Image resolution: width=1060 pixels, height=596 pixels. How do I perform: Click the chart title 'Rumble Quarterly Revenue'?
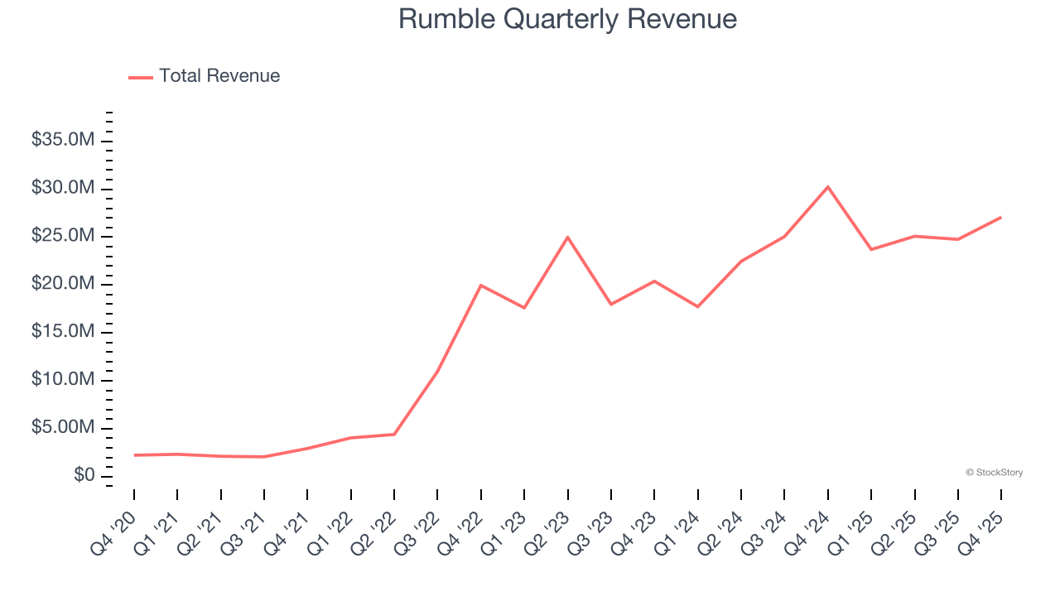567,19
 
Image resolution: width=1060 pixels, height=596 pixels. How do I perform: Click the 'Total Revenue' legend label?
219,76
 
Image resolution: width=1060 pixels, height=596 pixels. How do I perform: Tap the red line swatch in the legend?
141,77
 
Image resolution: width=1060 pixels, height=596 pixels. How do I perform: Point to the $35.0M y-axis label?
63,141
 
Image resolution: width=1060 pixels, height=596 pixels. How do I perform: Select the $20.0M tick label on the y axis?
63,284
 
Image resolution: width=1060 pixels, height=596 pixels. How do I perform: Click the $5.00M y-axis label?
63,428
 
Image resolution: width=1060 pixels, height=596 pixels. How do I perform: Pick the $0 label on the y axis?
84,476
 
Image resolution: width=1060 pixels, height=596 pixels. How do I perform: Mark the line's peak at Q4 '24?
827,187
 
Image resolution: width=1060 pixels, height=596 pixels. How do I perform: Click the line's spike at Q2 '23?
567,238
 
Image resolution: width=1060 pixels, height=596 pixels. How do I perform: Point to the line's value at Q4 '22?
480,286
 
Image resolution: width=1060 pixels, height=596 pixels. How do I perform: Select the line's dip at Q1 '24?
697,307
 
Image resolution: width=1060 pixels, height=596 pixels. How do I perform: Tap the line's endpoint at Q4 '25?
1000,218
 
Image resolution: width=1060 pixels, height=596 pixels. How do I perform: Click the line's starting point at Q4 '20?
134,455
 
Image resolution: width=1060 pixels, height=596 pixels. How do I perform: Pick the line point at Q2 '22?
394,435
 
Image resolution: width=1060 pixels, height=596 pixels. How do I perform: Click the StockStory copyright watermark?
994,473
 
